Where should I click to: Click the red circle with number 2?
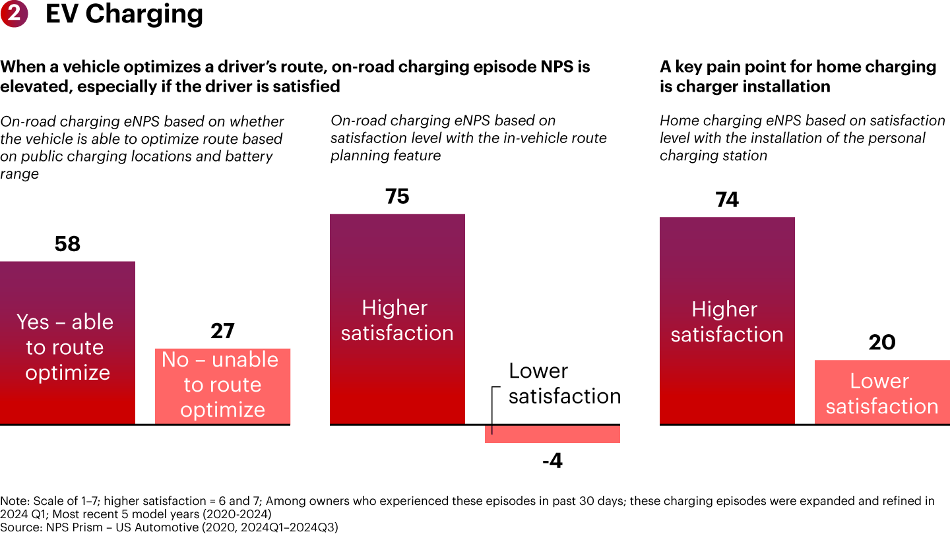(x=13, y=14)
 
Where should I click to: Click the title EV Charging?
(x=124, y=14)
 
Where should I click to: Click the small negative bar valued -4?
(x=552, y=434)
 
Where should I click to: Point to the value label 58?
(x=67, y=245)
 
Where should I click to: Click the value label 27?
(x=222, y=331)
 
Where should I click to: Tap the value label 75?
(x=397, y=197)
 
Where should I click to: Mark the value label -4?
(x=552, y=461)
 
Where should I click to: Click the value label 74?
(x=727, y=200)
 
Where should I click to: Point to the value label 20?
(x=882, y=343)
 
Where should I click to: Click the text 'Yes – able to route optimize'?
(x=66, y=347)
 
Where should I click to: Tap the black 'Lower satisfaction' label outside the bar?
(x=564, y=383)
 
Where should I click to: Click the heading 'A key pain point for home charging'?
(x=798, y=67)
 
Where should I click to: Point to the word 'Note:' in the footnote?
(x=15, y=501)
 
